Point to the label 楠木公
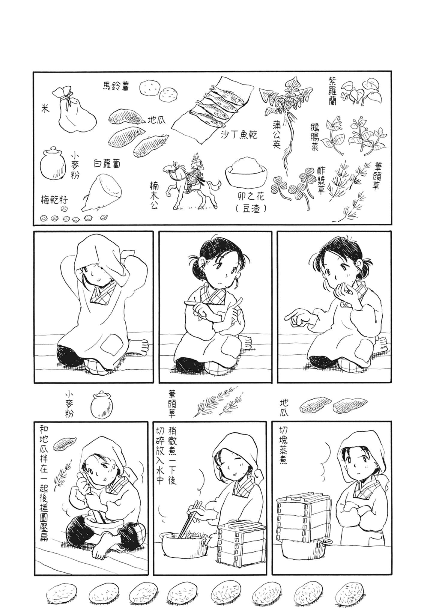coord(154,196)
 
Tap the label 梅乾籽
coord(55,200)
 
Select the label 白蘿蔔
coord(106,164)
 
